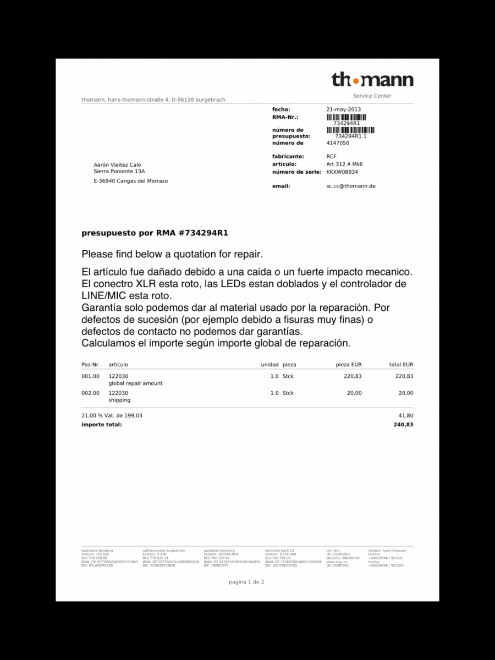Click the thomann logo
tap(372, 80)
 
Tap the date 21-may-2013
tap(343, 109)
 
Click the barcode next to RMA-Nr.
tap(346, 117)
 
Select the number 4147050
tap(338, 143)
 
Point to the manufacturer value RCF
tap(331, 157)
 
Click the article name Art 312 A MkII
tap(344, 164)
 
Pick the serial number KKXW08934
tap(342, 172)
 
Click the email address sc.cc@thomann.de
tap(351, 186)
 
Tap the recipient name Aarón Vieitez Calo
tap(117, 164)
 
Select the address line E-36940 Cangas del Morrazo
tap(131, 181)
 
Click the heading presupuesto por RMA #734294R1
tap(155, 233)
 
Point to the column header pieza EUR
tap(349, 365)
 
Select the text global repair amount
tap(135, 383)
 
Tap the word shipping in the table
tap(119, 400)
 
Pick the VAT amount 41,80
tap(406, 416)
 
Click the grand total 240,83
tap(403, 425)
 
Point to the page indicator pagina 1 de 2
tap(246, 581)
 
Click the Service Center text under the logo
tap(372, 96)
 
